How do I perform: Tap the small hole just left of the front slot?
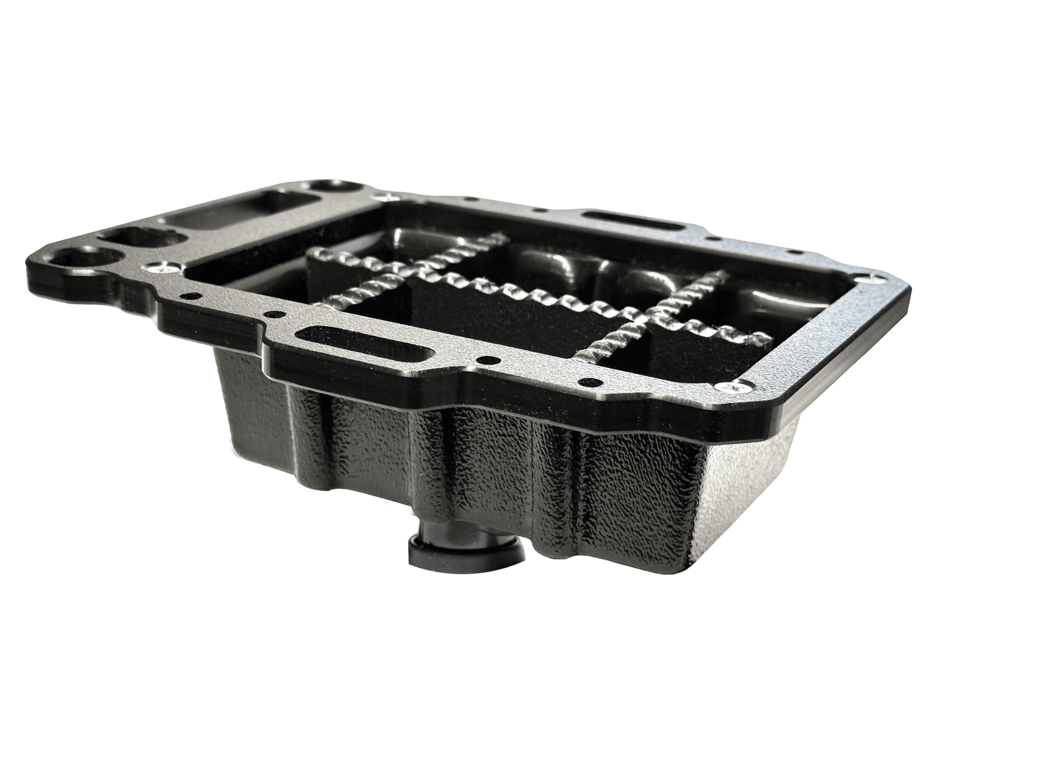click(x=273, y=314)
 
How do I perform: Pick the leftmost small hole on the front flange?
click(x=188, y=294)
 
